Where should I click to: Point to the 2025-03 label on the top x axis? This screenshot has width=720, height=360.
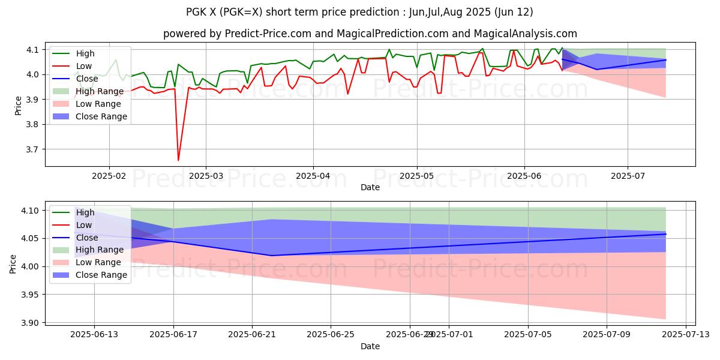[x=206, y=176]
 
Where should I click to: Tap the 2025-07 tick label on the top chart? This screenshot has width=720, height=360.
[x=628, y=176]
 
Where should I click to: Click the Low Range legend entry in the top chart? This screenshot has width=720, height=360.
[x=99, y=104]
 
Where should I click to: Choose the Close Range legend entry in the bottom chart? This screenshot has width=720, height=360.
[x=101, y=275]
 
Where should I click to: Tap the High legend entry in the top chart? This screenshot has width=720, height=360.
[x=85, y=53]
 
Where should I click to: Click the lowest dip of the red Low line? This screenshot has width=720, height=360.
[x=178, y=160]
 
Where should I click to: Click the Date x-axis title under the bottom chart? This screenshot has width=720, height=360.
[x=370, y=346]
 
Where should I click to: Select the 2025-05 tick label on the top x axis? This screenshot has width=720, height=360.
[x=417, y=176]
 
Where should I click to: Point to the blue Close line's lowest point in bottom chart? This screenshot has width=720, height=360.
[x=272, y=256]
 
